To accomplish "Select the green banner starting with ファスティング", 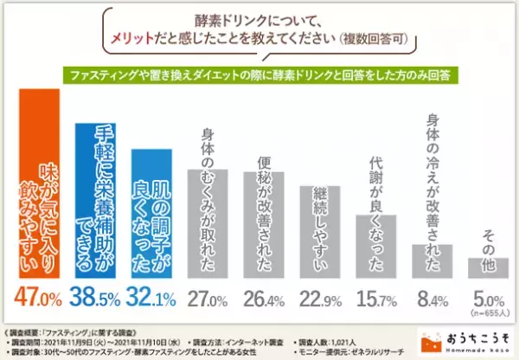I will click(x=259, y=75).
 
